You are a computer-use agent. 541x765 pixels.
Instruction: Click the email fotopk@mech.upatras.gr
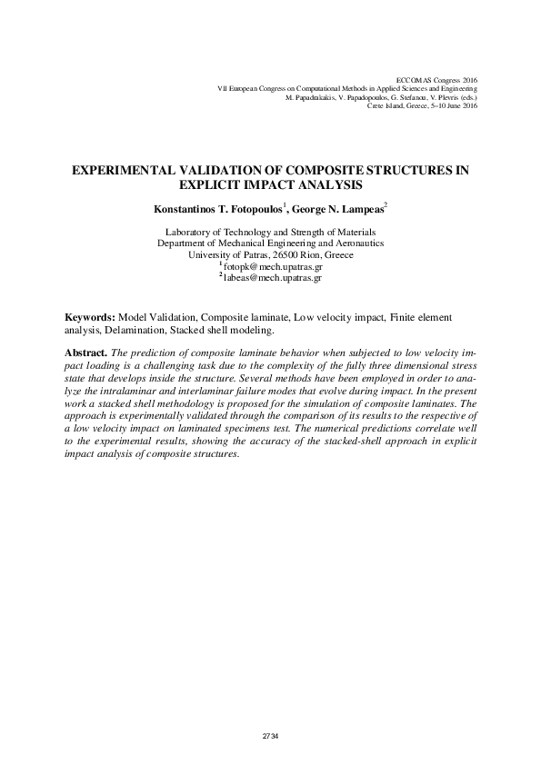(x=273, y=268)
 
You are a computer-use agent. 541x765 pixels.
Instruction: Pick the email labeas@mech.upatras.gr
(x=273, y=278)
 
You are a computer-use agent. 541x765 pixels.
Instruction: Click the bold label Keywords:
(x=89, y=317)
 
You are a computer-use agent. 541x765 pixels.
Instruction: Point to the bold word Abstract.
(x=85, y=351)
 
